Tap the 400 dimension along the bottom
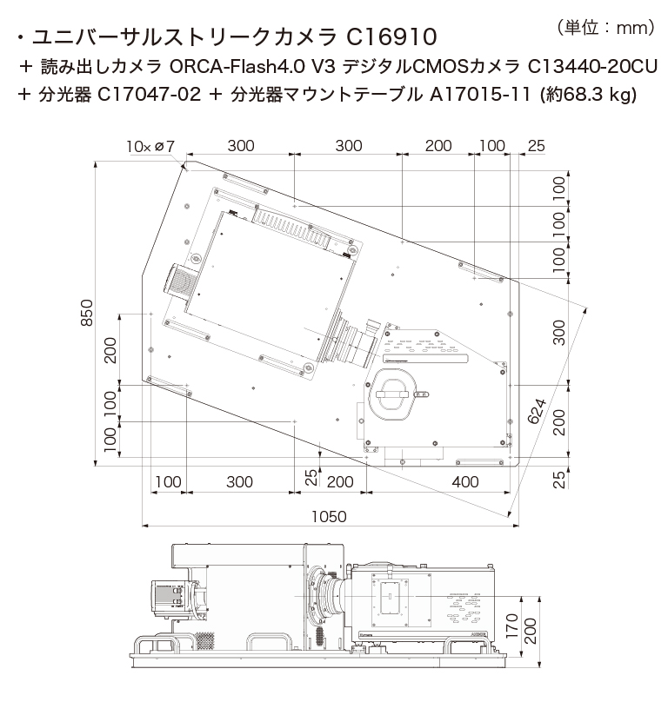[x=464, y=481]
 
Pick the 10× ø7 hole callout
[x=150, y=146]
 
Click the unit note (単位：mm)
[x=605, y=28]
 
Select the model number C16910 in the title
[x=391, y=37]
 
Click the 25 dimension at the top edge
[x=536, y=146]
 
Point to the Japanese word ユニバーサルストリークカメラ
[x=183, y=37]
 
